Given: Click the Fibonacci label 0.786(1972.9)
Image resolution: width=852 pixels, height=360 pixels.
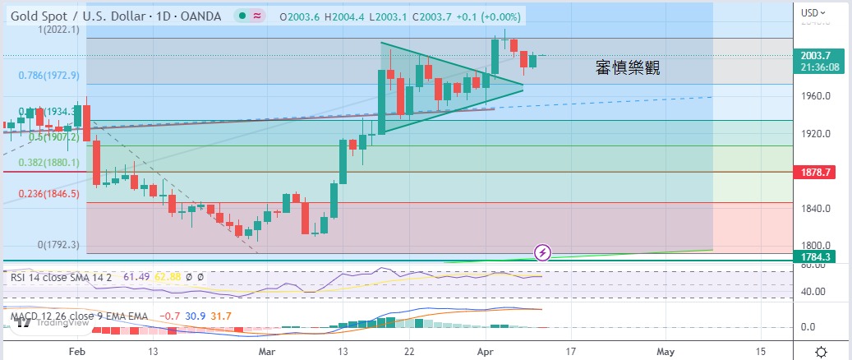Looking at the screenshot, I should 49,75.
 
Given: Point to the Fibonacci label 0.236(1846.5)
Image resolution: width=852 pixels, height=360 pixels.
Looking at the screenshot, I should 48,194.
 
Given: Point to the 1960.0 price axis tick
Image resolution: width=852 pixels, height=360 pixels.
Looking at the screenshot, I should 816,96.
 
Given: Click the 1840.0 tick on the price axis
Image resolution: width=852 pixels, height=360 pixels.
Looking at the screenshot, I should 816,208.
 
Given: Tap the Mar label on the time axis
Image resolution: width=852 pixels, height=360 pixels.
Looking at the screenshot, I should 268,351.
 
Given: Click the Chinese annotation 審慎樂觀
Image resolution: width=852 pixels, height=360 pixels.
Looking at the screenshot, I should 628,69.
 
